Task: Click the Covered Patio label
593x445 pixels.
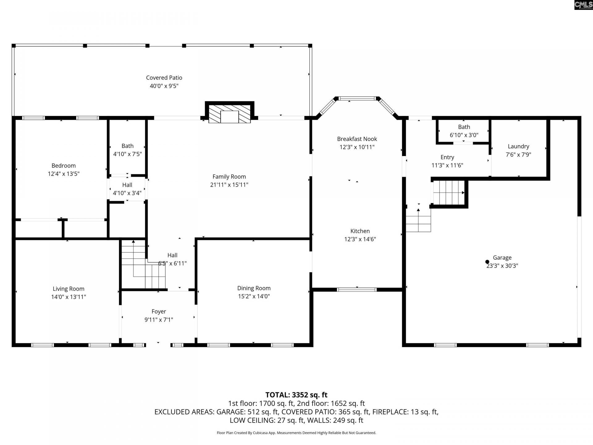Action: click(164, 78)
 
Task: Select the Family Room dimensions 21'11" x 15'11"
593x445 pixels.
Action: click(229, 185)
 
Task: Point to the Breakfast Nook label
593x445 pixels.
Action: click(357, 139)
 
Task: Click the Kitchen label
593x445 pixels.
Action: click(360, 231)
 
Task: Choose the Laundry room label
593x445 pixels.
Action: click(519, 146)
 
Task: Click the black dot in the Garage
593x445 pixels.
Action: click(487, 262)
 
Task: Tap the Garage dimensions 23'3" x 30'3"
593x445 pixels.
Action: click(502, 266)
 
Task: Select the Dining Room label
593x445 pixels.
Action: click(254, 288)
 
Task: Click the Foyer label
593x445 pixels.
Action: click(159, 312)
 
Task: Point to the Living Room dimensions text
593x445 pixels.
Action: click(69, 297)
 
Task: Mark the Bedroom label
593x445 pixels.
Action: click(64, 166)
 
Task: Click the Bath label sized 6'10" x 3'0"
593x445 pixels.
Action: click(464, 127)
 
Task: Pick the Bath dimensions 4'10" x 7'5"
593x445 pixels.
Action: click(128, 154)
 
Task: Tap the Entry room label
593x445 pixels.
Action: click(447, 157)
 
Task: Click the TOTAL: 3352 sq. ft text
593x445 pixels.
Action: click(296, 395)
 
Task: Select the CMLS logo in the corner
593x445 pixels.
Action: click(583, 5)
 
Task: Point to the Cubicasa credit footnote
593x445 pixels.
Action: click(296, 433)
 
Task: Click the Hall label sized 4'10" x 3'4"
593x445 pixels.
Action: click(127, 185)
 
